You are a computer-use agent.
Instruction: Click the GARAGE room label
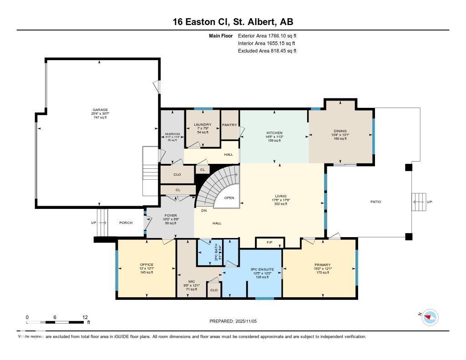tap(100, 110)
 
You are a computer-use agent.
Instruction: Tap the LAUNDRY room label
tap(203, 125)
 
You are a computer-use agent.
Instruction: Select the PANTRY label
tap(228, 125)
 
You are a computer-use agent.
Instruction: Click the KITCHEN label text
tap(274, 133)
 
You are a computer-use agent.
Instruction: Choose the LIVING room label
tap(281, 196)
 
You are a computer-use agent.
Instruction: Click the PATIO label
tap(375, 202)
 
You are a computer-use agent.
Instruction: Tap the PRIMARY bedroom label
tap(322, 265)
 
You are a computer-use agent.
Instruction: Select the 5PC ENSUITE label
tap(262, 269)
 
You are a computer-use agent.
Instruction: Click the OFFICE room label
tap(147, 265)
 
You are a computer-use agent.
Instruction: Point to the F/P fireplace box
tap(270, 243)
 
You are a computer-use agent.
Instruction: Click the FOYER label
tap(171, 215)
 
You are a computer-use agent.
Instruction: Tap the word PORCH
tap(126, 223)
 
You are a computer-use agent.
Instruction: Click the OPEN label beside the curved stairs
tap(229, 198)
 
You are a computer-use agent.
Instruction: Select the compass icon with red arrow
tap(430, 317)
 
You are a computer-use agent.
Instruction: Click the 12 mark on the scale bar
tap(85, 317)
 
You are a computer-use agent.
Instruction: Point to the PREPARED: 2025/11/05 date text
tap(233, 321)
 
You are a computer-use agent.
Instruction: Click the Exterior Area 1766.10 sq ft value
tap(267, 35)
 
